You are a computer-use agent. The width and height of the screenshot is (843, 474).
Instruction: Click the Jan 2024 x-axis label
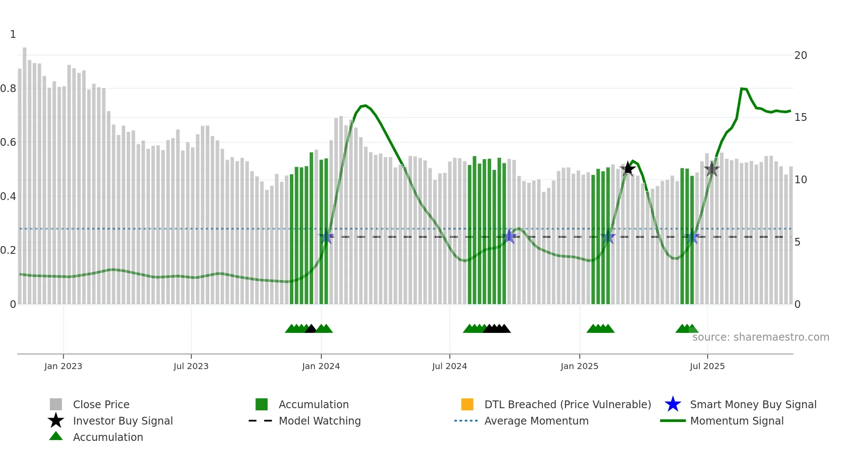(321, 366)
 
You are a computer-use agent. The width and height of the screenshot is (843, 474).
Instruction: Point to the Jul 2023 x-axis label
(191, 366)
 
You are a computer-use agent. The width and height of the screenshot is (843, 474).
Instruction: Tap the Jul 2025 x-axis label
(707, 366)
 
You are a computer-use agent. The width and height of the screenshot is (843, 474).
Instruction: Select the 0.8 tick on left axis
(9, 89)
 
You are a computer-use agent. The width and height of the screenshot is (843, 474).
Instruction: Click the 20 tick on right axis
(800, 55)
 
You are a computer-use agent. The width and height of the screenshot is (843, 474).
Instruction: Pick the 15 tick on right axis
(800, 117)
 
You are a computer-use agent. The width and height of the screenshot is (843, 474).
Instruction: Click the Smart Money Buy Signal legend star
(673, 404)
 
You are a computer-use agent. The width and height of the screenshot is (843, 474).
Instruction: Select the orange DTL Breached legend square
(467, 404)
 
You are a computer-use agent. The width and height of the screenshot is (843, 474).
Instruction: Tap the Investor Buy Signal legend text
(123, 421)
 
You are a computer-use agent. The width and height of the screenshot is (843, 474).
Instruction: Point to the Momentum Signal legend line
(673, 421)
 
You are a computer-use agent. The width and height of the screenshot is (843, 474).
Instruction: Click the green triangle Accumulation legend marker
(56, 436)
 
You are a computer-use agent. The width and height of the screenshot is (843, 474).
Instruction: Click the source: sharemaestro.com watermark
(760, 337)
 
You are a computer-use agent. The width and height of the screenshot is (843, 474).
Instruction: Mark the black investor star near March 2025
(628, 169)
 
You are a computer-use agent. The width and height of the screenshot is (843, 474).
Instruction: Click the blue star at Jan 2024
(326, 237)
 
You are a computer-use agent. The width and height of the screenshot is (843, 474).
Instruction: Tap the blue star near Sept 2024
(510, 236)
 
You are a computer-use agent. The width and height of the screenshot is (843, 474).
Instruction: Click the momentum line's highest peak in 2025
(742, 89)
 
